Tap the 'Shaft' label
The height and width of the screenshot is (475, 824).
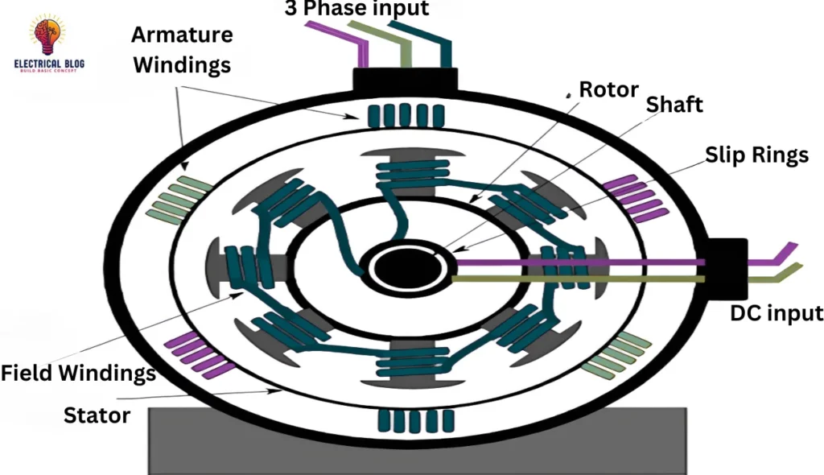674,105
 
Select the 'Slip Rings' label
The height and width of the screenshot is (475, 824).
756,155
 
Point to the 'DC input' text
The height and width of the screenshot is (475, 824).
776,313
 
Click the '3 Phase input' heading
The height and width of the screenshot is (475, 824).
356,9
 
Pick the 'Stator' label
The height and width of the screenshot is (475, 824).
97,415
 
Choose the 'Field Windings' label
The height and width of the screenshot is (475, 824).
78,374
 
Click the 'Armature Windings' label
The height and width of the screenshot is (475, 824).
183,49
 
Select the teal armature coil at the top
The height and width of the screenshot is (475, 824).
406,116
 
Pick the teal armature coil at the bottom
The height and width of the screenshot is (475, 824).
415,419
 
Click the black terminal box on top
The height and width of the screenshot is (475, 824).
405,80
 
